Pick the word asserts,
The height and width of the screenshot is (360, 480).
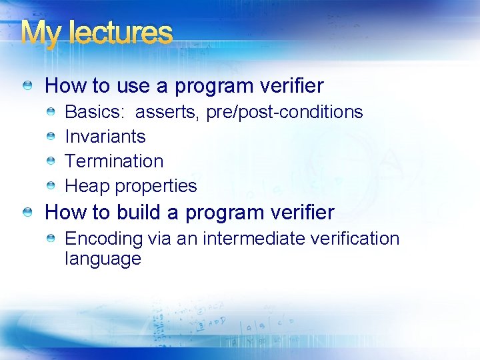point(168,112)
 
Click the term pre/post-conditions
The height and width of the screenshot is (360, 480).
point(285,112)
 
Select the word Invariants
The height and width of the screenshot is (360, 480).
point(105,137)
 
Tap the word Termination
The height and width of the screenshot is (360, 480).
point(113,161)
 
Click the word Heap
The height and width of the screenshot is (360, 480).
point(87,186)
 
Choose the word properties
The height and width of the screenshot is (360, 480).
point(156,186)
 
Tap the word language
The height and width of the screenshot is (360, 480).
point(103,259)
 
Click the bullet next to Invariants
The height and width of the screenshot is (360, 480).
point(51,137)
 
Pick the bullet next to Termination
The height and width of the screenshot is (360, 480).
point(51,161)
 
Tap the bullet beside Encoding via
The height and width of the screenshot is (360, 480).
point(51,239)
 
